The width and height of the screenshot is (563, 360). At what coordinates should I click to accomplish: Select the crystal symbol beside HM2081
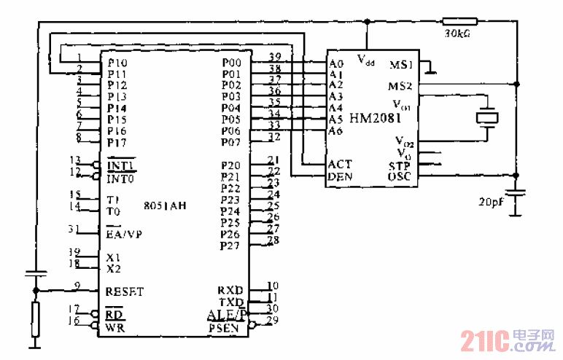(x=486, y=117)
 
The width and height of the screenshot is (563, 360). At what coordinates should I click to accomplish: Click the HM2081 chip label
(x=376, y=117)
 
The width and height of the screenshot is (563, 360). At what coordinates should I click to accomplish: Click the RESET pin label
(x=125, y=291)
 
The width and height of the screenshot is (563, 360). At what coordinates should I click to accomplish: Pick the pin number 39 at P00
(x=275, y=57)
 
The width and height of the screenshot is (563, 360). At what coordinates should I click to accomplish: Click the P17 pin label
(x=117, y=141)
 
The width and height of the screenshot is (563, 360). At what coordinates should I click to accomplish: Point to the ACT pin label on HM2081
(x=341, y=165)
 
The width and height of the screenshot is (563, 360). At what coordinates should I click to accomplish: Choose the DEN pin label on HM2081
(x=341, y=176)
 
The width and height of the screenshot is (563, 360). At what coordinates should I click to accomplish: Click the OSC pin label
(x=400, y=176)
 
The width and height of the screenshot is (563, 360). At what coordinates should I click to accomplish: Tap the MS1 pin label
(x=402, y=65)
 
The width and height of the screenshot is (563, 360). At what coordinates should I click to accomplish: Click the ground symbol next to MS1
(x=433, y=71)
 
